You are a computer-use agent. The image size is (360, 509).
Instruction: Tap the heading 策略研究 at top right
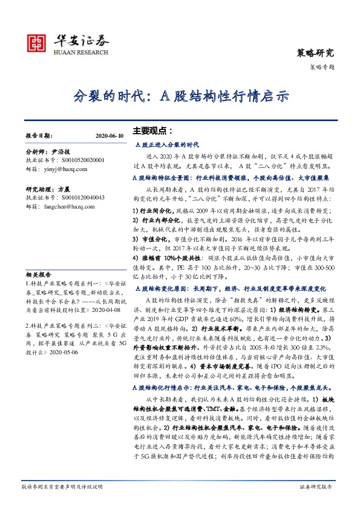(316, 53)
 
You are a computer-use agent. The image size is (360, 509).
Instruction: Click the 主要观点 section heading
(152, 131)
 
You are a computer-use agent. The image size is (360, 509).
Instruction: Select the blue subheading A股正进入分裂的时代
(166, 145)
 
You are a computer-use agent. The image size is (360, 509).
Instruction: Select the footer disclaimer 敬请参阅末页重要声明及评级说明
(62, 487)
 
